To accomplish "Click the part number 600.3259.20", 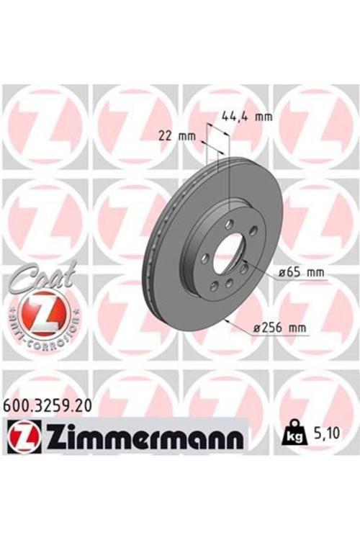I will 47,406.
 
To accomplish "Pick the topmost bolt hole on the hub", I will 229,225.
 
